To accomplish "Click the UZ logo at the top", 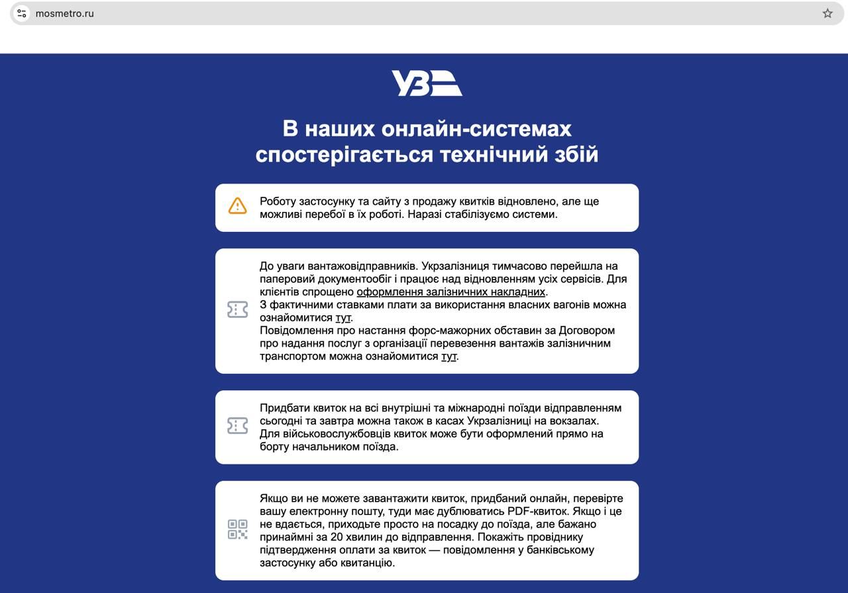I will (427, 83).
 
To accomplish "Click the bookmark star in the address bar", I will (827, 13).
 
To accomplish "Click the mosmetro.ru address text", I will (65, 13).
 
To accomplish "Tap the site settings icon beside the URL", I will (22, 13).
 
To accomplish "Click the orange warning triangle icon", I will (237, 206).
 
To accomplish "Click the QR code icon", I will (237, 529).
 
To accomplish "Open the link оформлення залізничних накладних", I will (451, 292).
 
